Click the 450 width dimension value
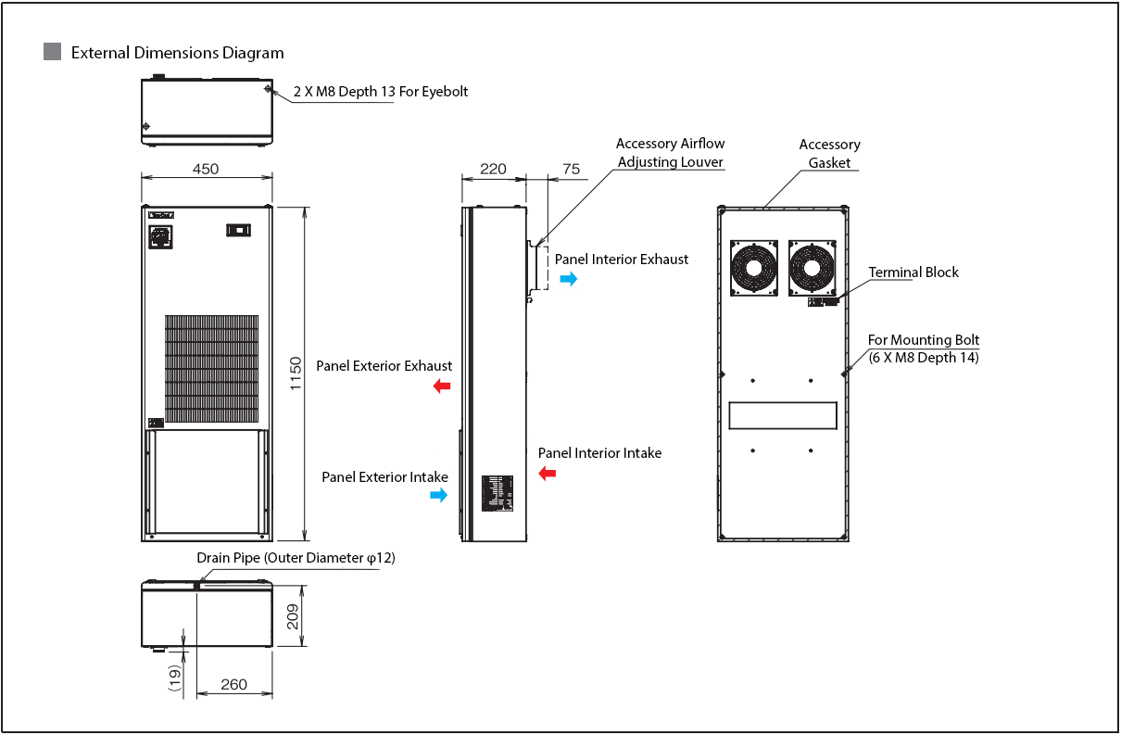coord(206,169)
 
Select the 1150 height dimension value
coord(296,373)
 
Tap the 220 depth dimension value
coord(493,169)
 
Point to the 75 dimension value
coord(571,169)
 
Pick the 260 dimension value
coord(234,684)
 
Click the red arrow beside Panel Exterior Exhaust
coord(442,386)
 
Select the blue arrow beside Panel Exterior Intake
coord(438,496)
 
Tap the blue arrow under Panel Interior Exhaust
coord(568,278)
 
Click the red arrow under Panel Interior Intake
coord(548,474)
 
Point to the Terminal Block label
coord(913,272)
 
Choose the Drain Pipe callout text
coord(296,558)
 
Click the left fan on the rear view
coord(753,268)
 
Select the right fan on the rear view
coord(812,268)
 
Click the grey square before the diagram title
coord(53,52)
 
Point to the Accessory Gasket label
coord(829,154)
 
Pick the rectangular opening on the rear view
coord(783,415)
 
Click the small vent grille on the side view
coord(498,493)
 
